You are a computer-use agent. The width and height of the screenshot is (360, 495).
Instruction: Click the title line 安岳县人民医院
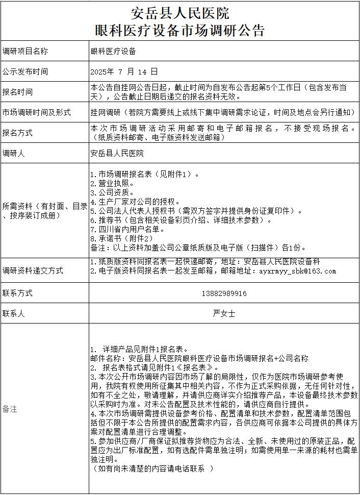pyautogui.click(x=180, y=13)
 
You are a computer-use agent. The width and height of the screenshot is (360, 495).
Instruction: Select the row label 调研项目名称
pyautogui.click(x=25, y=51)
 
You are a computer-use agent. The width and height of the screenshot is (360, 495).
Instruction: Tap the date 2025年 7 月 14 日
pyautogui.click(x=124, y=71)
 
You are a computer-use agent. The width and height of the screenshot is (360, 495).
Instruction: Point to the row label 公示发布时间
pyautogui.click(x=25, y=71)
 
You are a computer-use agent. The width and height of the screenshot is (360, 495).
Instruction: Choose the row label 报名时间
pyautogui.click(x=17, y=92)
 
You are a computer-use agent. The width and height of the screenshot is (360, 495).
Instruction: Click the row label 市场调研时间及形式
pyautogui.click(x=36, y=112)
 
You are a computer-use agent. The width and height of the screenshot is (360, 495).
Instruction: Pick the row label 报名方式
pyautogui.click(x=17, y=133)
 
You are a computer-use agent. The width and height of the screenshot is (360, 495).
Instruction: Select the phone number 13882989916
pyautogui.click(x=224, y=293)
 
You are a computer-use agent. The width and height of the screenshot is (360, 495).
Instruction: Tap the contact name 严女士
pyautogui.click(x=224, y=314)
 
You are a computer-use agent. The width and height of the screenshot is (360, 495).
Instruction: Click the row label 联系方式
pyautogui.click(x=17, y=293)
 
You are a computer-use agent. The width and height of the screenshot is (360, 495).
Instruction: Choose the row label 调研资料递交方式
pyautogui.click(x=33, y=271)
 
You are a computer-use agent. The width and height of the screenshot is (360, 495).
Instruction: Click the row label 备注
pyautogui.click(x=10, y=409)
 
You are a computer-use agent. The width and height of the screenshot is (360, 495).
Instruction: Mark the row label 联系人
pyautogui.click(x=14, y=314)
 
